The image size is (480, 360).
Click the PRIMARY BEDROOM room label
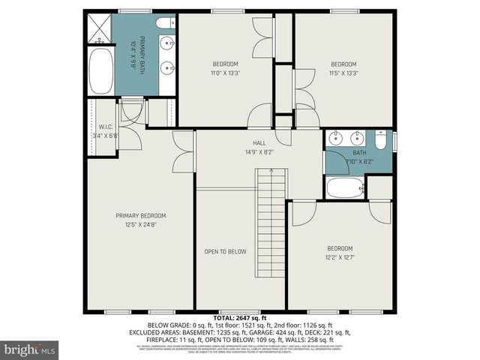tap(136, 216)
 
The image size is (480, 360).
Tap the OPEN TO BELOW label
tap(225, 251)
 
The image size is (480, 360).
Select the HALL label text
tap(259, 142)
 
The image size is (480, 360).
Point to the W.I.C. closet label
tap(105, 127)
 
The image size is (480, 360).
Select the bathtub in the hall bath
tap(345, 187)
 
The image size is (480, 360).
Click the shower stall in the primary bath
tap(98, 29)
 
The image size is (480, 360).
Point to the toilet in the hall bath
tap(381, 140)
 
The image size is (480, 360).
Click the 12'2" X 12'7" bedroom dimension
tap(340, 257)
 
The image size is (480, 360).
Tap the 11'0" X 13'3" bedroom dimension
tap(225, 73)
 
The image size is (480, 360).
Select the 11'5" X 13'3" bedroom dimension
tap(343, 73)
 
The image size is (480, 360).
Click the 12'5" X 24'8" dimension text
tap(136, 223)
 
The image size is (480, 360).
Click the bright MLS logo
tap(30, 349)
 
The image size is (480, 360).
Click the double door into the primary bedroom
tap(183, 151)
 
